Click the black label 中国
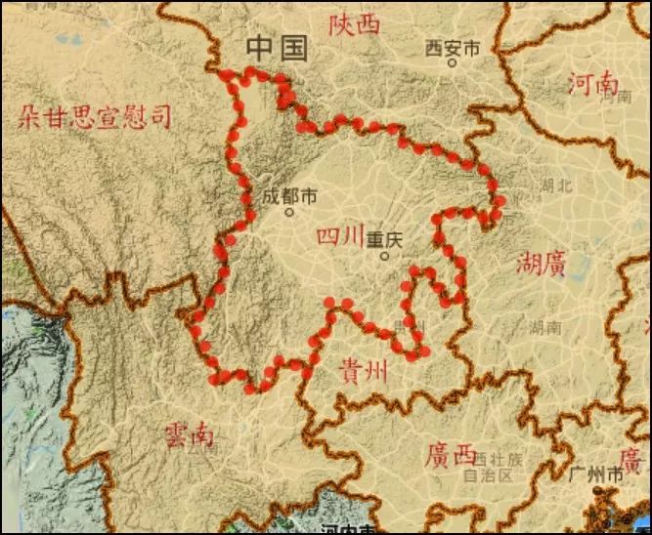(x=278, y=48)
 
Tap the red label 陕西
(x=354, y=24)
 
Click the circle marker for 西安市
(x=453, y=62)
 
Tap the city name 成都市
(x=289, y=196)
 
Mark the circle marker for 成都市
(x=289, y=212)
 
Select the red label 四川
(x=340, y=236)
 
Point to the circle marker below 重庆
(x=384, y=256)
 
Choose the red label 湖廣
(x=541, y=264)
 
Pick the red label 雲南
(x=189, y=432)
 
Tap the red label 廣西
(x=452, y=454)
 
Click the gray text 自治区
(x=488, y=476)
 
